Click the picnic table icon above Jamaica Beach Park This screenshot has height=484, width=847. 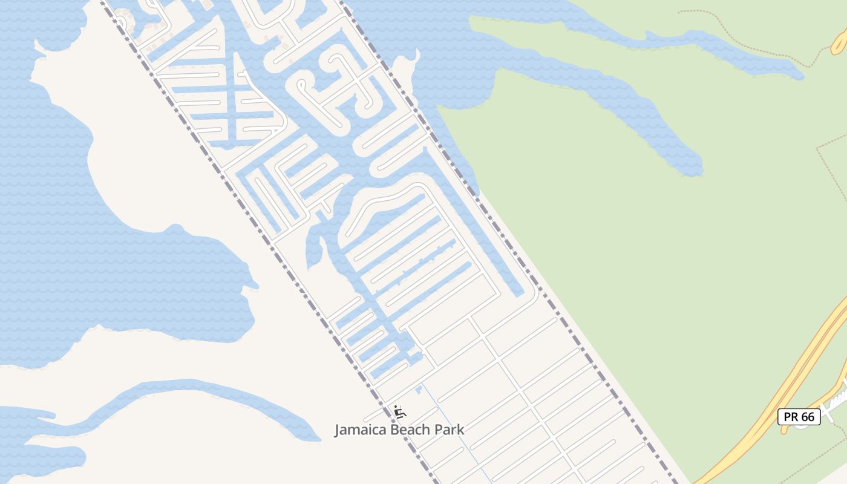click(x=399, y=412)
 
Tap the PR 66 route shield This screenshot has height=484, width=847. click(x=799, y=416)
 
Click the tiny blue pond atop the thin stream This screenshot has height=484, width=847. click(x=418, y=388)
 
